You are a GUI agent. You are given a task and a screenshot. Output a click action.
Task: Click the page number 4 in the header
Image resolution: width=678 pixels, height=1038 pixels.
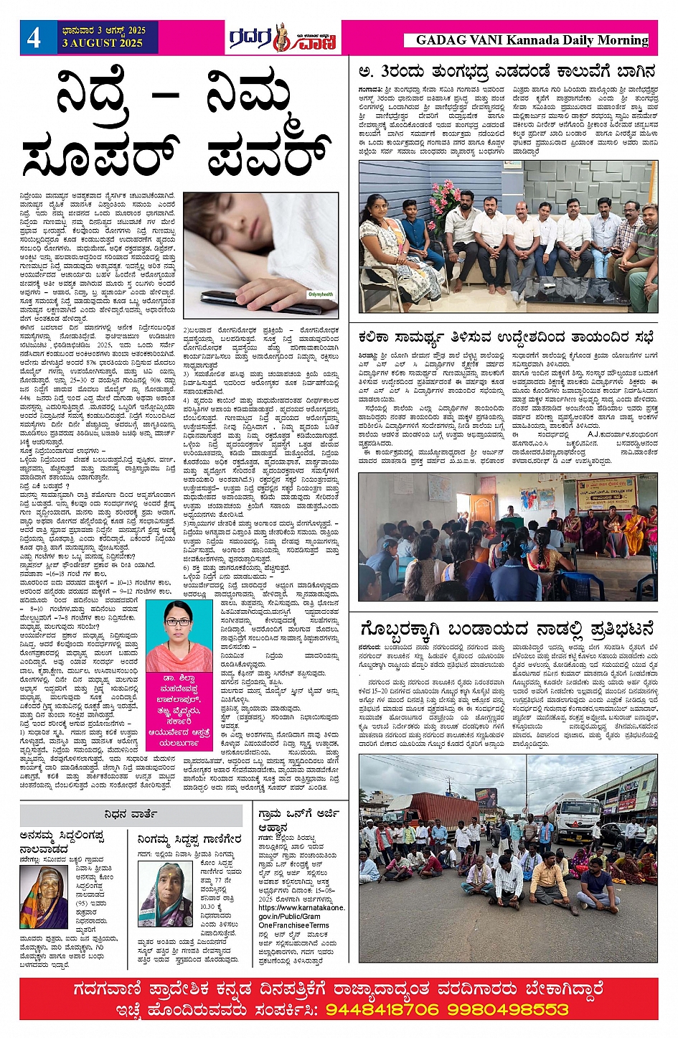(x=34, y=37)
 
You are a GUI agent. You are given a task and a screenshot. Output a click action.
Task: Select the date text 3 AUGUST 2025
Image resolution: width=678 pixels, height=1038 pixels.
(x=103, y=43)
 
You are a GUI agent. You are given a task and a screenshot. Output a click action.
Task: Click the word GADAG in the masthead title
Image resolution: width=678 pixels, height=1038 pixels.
(x=439, y=40)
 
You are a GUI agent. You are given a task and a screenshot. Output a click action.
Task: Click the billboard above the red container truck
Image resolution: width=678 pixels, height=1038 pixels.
(x=486, y=795)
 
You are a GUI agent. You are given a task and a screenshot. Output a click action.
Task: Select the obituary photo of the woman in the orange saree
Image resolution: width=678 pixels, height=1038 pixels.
(x=44, y=897)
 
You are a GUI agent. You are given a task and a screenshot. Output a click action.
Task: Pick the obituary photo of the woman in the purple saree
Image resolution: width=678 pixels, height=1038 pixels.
(x=165, y=894)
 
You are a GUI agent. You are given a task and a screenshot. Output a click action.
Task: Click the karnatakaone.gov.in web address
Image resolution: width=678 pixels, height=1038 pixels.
(x=301, y=912)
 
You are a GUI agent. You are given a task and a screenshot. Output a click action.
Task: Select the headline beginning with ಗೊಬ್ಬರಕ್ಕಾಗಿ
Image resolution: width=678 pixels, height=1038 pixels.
(x=507, y=630)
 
